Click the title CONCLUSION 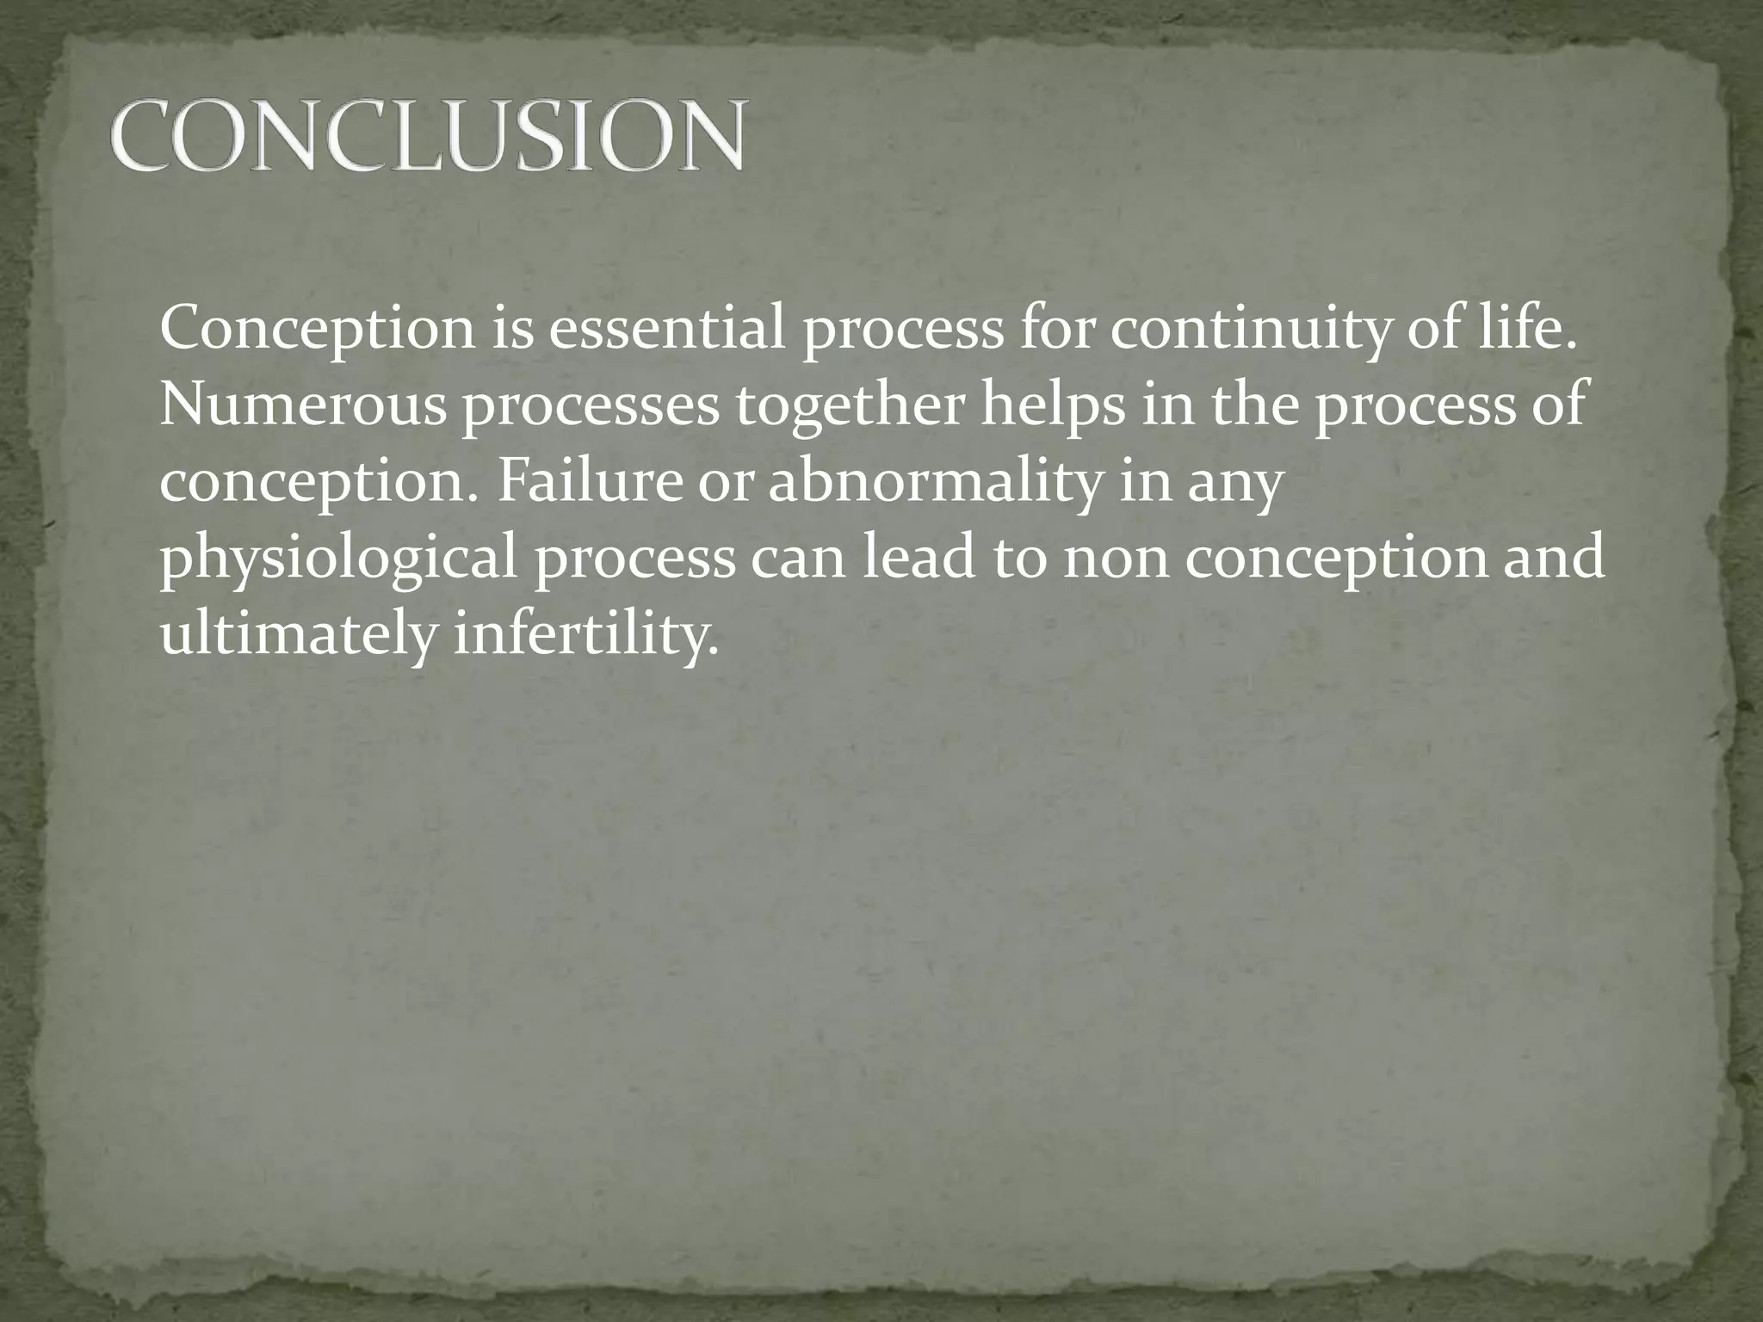tap(427, 135)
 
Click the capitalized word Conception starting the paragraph tap(317, 330)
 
